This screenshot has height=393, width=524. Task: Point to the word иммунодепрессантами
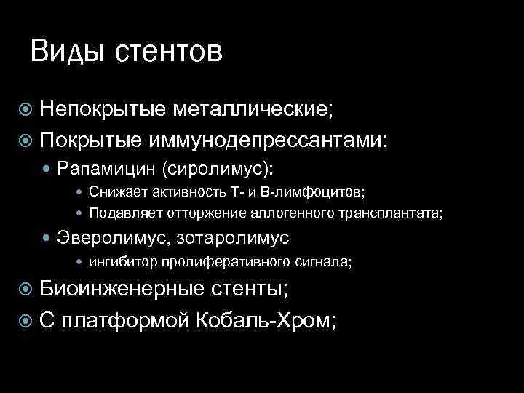[269, 140]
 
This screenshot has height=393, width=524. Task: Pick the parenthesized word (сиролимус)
[218, 169]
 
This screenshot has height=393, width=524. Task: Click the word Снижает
[113, 192]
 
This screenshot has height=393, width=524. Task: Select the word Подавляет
[119, 213]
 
